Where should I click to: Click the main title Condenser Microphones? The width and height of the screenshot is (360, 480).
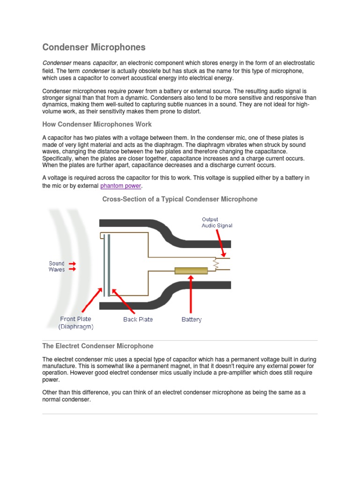click(x=94, y=47)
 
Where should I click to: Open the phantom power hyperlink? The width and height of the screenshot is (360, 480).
click(x=120, y=186)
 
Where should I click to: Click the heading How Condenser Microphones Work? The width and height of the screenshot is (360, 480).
click(x=97, y=124)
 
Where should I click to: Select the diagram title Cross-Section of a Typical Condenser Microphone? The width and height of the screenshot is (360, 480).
click(x=180, y=199)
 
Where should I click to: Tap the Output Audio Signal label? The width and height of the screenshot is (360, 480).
click(x=217, y=222)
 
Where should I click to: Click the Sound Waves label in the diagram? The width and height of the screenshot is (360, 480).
click(x=57, y=266)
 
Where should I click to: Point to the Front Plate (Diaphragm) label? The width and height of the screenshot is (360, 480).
click(x=75, y=323)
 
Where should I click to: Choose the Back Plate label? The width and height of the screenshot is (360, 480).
click(x=138, y=320)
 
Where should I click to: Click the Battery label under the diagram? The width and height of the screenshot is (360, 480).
click(x=191, y=320)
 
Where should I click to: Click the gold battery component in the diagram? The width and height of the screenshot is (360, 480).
click(x=191, y=270)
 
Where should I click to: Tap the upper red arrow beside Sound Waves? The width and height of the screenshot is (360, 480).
click(x=72, y=264)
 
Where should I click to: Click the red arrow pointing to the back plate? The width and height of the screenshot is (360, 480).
click(x=123, y=301)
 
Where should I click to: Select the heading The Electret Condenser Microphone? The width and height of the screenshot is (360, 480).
click(x=97, y=346)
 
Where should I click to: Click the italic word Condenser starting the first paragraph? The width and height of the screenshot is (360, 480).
click(x=57, y=63)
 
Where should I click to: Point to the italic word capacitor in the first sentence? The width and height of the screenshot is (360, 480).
click(x=105, y=63)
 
